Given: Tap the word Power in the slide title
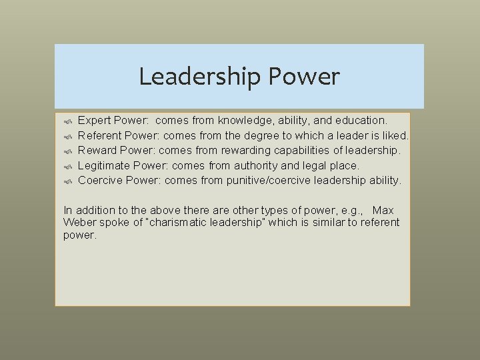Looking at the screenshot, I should [304, 77].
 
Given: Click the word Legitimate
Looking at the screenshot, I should [103, 165].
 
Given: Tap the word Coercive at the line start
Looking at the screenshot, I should [101, 180].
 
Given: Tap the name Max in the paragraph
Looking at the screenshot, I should [383, 211].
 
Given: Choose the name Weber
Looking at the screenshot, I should [79, 222].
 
